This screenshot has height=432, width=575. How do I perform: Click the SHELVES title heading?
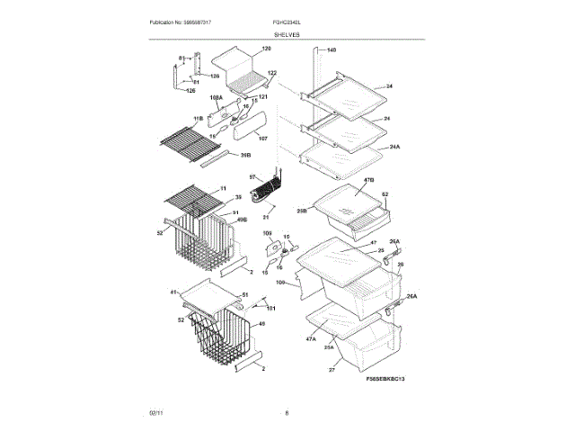pos(287,35)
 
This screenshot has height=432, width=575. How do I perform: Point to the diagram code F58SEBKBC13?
pos(387,381)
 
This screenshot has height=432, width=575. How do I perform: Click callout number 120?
pos(266,48)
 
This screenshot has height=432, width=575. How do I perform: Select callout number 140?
pos(331,49)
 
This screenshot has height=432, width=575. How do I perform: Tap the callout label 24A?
pos(394,146)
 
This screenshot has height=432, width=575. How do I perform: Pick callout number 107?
pos(262,139)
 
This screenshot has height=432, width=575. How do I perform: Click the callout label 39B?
pos(244,155)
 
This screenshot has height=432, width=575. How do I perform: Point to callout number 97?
pos(252,177)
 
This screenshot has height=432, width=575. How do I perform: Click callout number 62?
pos(385,194)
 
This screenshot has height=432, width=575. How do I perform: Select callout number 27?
pos(331,369)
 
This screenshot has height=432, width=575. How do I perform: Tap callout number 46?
pos(261,324)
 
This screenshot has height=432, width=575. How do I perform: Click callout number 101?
pos(270,310)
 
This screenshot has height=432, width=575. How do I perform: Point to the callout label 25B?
pos(302,211)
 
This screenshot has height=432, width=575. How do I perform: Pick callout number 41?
pos(173,292)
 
